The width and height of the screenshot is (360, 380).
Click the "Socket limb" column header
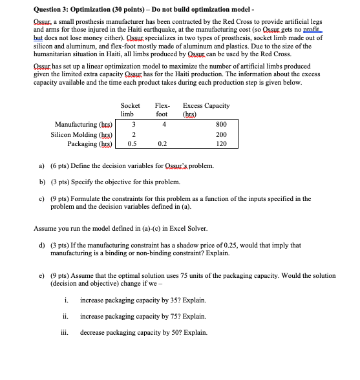(x=130, y=109)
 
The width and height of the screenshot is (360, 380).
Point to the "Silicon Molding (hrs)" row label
(x=81, y=134)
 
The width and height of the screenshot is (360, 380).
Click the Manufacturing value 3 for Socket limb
(x=132, y=124)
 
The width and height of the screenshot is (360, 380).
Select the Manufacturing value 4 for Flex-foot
(x=165, y=124)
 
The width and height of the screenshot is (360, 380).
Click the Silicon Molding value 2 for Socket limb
(x=132, y=134)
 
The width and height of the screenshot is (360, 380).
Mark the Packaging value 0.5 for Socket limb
(x=132, y=145)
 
